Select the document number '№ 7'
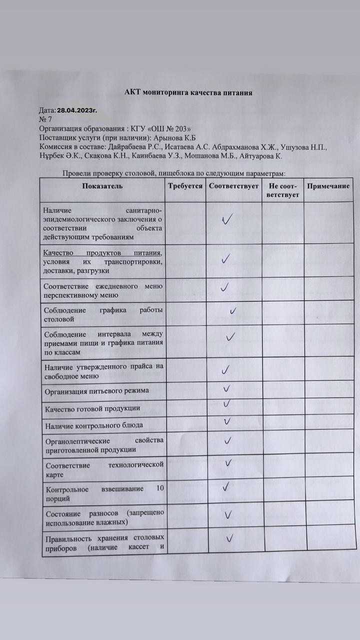coord(45,119)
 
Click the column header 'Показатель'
coord(103,186)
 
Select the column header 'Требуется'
coord(185,186)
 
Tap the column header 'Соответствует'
coord(233,186)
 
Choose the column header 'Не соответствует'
coord(282,190)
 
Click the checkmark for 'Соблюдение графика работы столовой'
coord(232,311)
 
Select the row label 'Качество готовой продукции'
coord(91,408)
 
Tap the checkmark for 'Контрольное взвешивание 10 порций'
coord(226,485)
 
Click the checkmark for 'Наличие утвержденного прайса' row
coord(226,370)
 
